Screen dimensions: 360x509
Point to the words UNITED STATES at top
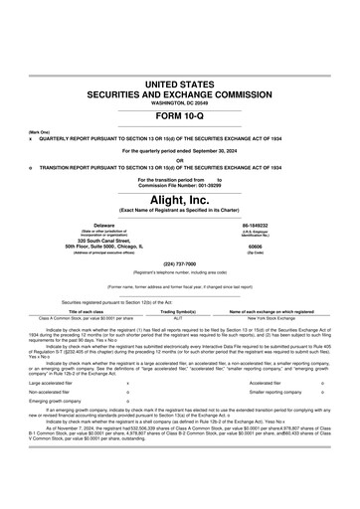pyautogui.click(x=179, y=78)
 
